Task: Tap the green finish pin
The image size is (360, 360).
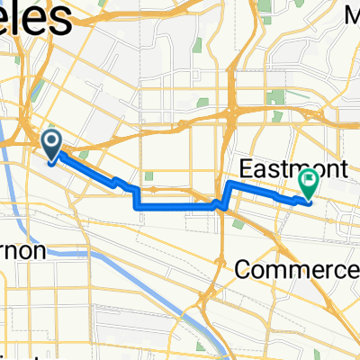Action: tap(309, 182)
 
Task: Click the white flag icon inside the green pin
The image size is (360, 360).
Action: tap(309, 179)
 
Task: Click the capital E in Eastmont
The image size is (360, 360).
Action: tap(247, 167)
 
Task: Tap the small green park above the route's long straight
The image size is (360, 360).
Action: tap(149, 176)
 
